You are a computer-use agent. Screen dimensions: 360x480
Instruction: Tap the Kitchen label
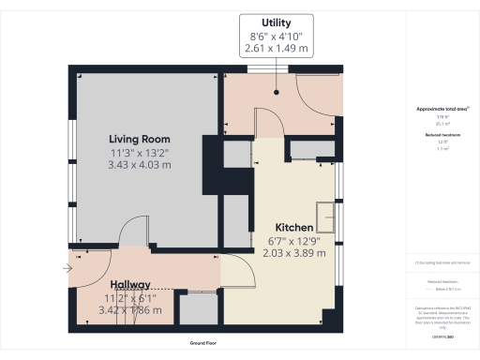pos(299,228)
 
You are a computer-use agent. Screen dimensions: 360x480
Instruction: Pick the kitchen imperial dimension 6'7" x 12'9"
pos(299,240)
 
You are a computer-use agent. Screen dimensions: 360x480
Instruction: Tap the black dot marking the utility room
pos(277,93)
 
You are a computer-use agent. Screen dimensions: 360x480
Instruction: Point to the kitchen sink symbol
pos(326,217)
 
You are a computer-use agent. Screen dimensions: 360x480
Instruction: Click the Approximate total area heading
pos(442,110)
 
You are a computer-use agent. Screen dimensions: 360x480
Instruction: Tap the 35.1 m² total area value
pos(442,122)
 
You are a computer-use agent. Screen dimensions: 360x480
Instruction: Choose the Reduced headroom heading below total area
pos(442,135)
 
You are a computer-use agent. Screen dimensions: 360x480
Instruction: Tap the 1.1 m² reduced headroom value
pos(442,148)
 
